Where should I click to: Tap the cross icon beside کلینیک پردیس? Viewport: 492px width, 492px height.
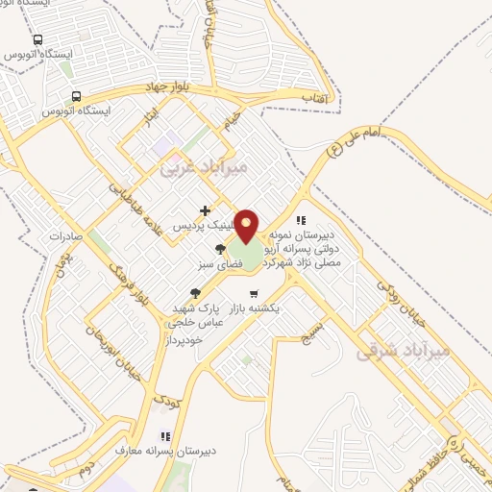tap(204, 210)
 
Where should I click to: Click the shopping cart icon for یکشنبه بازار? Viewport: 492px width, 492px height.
tap(253, 294)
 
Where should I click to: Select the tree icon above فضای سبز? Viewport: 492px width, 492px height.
tap(220, 250)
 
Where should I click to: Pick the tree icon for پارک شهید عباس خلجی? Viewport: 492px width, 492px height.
tap(195, 293)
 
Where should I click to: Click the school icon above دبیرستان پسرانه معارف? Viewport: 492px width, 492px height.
tap(164, 434)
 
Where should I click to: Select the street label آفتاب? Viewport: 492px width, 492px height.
tap(313, 97)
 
